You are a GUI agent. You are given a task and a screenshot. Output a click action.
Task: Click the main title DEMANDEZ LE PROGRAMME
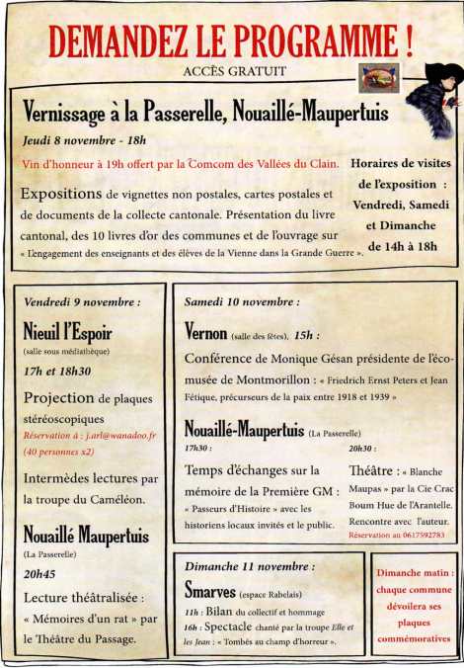tap(230, 41)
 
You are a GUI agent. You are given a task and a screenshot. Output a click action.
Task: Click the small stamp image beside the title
tap(379, 75)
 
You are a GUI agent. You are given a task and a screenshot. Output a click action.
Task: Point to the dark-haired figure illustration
tap(431, 100)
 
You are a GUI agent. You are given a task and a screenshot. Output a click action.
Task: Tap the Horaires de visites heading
tap(401, 163)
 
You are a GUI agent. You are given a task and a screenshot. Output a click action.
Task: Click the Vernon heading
tap(206, 332)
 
